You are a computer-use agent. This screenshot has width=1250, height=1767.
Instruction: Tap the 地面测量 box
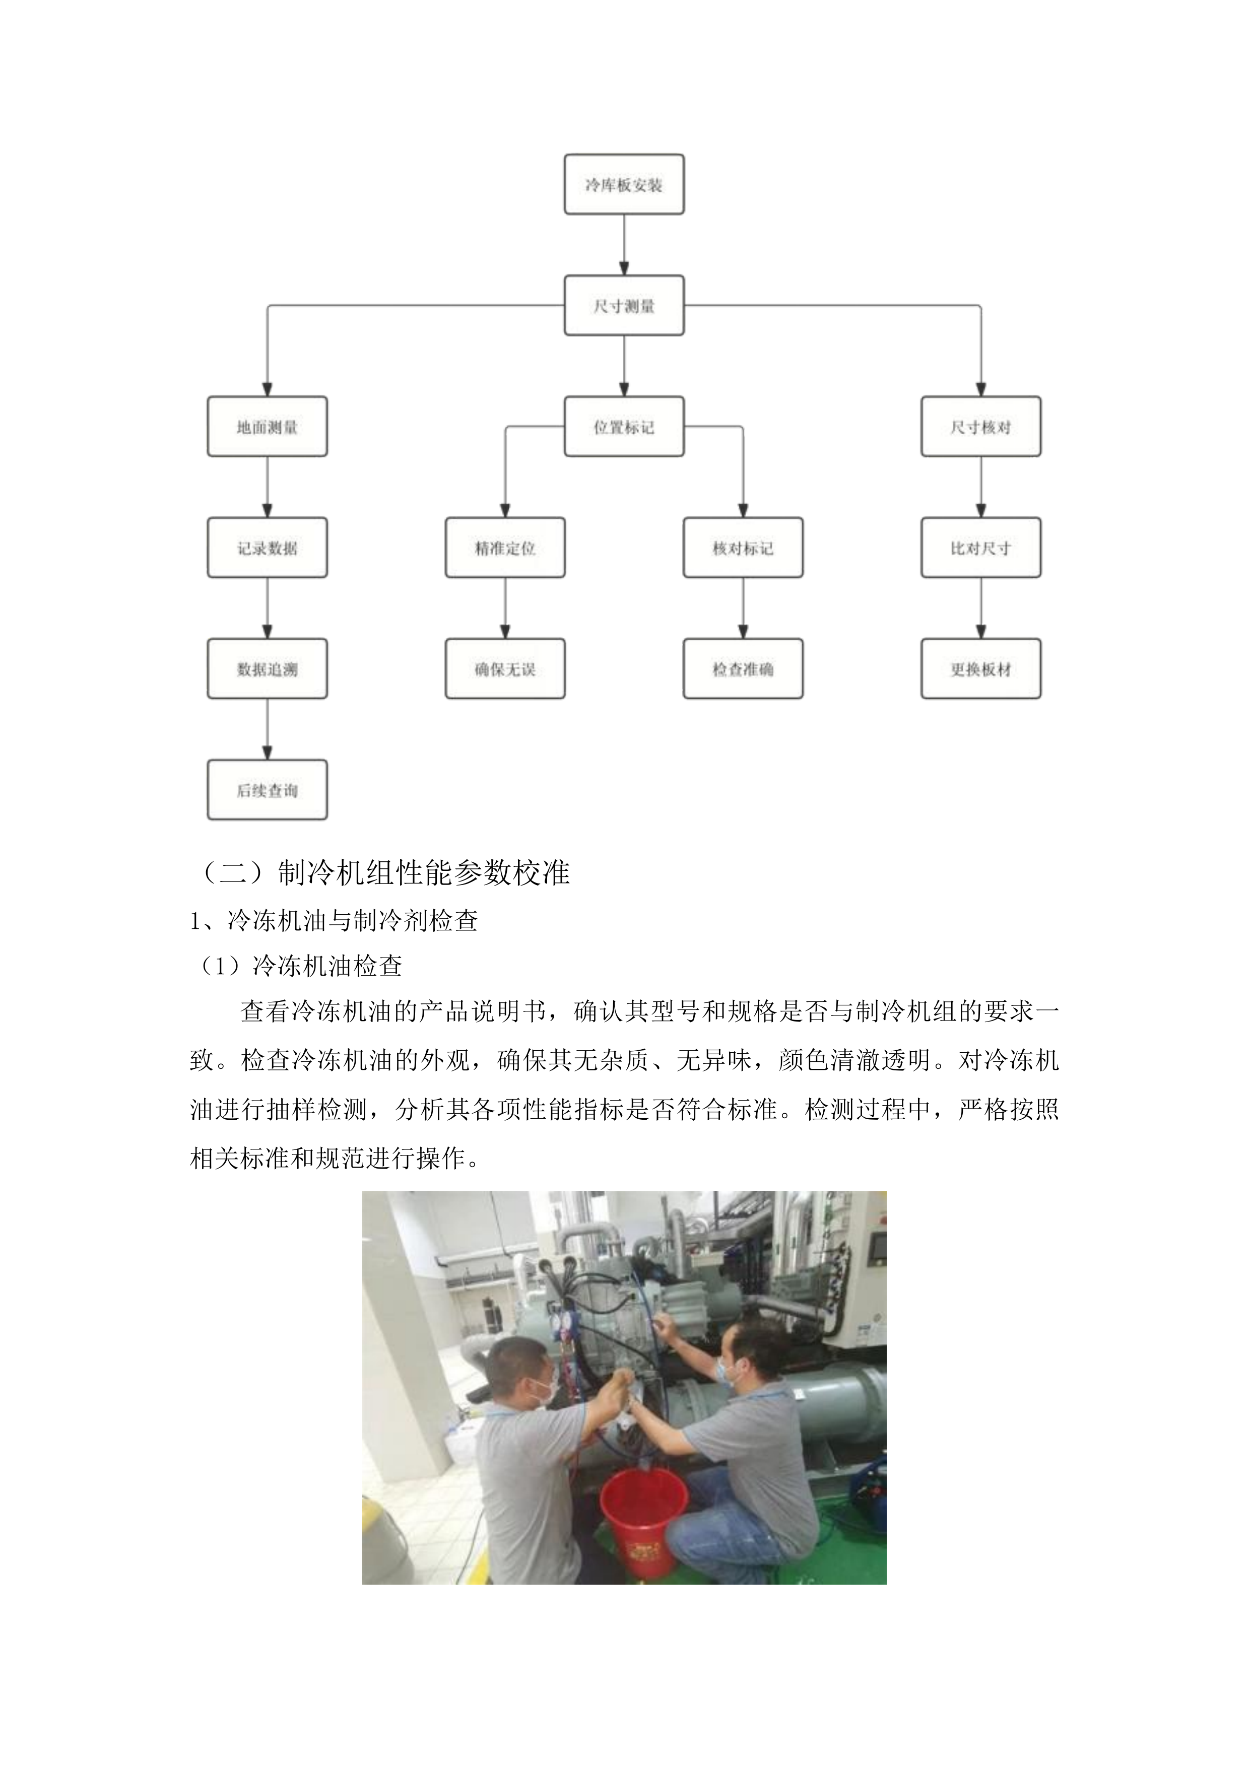pos(267,426)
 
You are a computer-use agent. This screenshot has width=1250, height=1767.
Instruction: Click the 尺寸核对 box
pos(980,426)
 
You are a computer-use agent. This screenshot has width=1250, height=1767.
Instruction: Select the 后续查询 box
pos(267,790)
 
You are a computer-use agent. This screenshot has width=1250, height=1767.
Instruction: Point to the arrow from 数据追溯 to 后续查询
pos(267,729)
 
